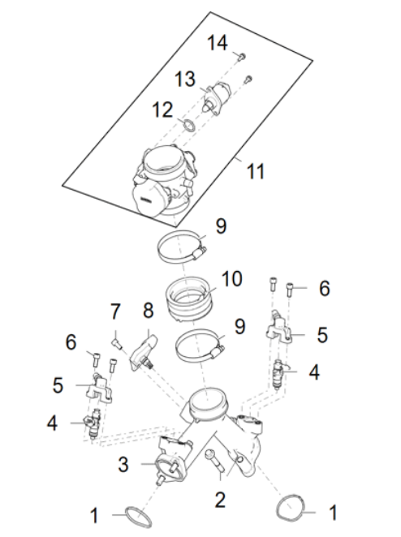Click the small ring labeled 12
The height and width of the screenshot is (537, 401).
tap(188, 125)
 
